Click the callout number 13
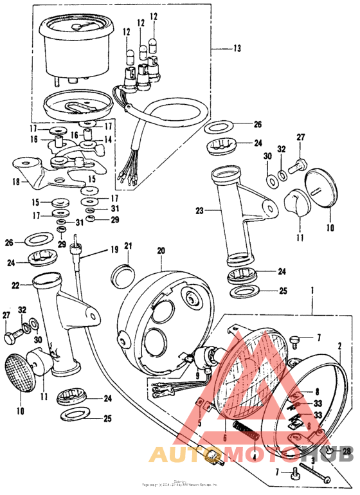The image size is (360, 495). click(x=237, y=48)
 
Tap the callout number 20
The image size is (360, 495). click(x=161, y=250)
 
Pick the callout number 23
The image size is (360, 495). click(x=199, y=210)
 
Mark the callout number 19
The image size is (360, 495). click(x=114, y=249)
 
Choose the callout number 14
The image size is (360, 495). click(x=108, y=138)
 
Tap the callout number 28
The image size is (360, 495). click(x=347, y=453)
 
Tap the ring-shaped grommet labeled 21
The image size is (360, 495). click(x=122, y=276)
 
